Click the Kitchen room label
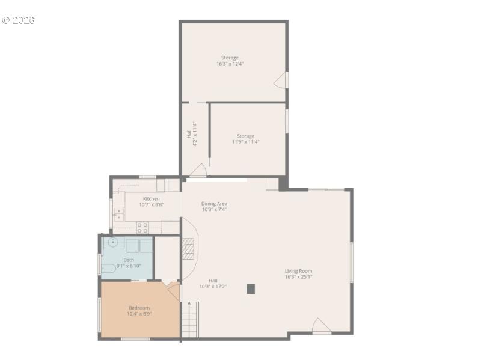[x=151, y=198]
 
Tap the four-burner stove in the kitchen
[x=142, y=227]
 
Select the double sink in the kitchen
[x=119, y=213]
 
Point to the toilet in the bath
[x=108, y=267]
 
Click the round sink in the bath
[x=112, y=242]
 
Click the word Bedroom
[x=139, y=308]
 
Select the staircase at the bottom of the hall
[x=189, y=320]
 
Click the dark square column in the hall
[x=251, y=288]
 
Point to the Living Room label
[x=298, y=271]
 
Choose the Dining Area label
[x=214, y=203]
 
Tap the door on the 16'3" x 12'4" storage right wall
[x=281, y=80]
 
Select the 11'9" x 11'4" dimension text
[x=245, y=142]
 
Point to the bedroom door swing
[x=173, y=291]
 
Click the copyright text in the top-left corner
[x=18, y=20]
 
